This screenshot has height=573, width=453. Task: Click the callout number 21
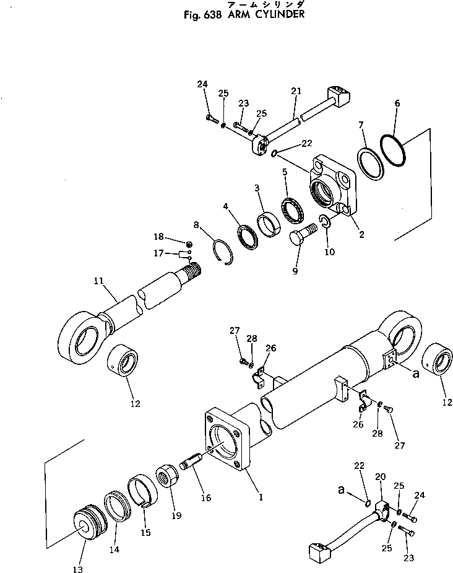tap(295, 91)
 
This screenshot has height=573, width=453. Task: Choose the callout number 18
tap(158, 236)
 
